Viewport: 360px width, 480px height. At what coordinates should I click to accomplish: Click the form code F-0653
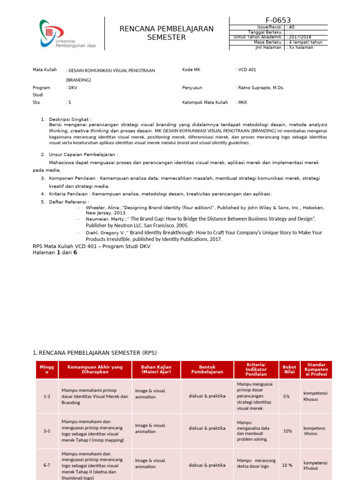[x=278, y=20]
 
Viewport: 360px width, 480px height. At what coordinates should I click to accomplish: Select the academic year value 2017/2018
[x=300, y=37]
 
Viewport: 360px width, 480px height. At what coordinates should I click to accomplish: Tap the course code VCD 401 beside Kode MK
[x=247, y=70]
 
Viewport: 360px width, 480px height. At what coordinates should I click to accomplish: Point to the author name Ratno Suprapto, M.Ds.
[x=261, y=88]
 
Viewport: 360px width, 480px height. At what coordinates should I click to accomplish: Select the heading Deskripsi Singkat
[x=70, y=120]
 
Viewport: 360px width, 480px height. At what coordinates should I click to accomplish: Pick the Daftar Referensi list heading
[x=69, y=202]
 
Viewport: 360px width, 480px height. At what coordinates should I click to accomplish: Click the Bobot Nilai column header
[x=289, y=369]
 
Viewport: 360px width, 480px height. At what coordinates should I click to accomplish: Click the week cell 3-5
[x=47, y=431]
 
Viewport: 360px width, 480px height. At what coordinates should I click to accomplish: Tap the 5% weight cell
[x=286, y=397]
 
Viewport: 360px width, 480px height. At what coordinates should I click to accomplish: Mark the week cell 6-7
[x=47, y=465]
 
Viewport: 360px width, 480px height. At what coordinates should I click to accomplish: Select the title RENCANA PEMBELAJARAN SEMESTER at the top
[x=166, y=33]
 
